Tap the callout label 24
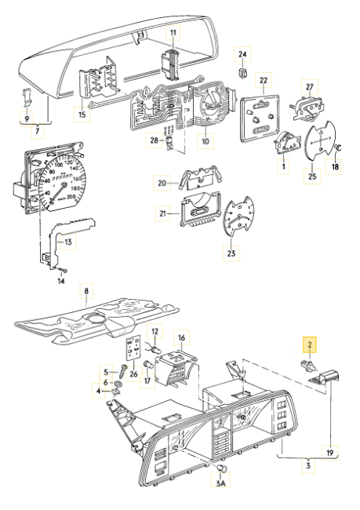pos(242,54)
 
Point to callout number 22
pos(264,81)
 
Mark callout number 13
pos(68,244)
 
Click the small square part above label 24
pos(243,73)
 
